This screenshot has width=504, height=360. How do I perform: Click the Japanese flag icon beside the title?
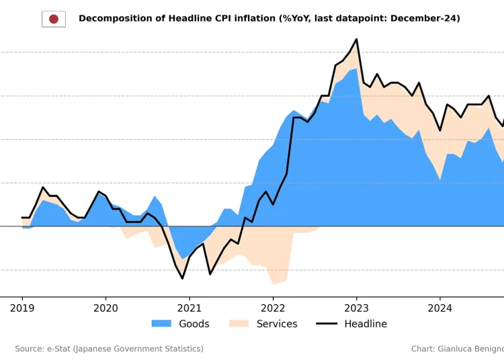54,19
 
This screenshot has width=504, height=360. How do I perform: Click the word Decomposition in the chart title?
112,19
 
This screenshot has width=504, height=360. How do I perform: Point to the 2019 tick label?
22,308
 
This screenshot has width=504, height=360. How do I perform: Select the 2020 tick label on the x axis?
106,308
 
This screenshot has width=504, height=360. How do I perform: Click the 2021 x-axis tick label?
189,308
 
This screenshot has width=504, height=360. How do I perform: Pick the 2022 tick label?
273,308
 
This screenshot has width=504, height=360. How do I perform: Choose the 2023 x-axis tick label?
356,308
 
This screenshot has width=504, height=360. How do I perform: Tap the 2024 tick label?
439,308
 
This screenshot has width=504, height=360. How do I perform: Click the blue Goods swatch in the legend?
161,324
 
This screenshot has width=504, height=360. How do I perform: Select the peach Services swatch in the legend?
239,324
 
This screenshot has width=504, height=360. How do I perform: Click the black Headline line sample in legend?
327,324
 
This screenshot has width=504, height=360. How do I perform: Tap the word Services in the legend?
277,324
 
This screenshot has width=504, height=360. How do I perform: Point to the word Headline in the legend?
366,324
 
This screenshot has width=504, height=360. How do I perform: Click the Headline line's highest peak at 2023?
356,40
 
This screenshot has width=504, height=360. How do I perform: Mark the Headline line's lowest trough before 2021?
182,278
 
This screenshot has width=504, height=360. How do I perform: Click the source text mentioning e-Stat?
109,349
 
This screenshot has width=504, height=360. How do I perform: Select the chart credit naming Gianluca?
457,349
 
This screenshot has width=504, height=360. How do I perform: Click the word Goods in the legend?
194,324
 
